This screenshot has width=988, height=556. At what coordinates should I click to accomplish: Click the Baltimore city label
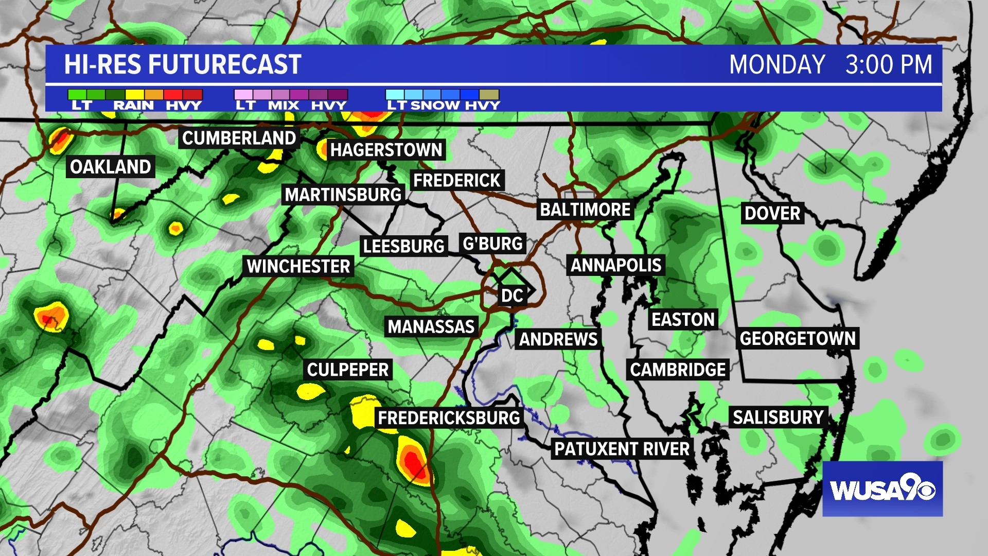pyautogui.click(x=585, y=210)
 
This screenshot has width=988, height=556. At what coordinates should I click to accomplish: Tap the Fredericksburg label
pyautogui.click(x=449, y=418)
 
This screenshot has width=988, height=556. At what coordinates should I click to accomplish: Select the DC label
pyautogui.click(x=512, y=296)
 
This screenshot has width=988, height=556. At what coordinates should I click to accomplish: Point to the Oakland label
pyautogui.click(x=110, y=167)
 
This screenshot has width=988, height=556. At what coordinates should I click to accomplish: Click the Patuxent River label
pyautogui.click(x=622, y=449)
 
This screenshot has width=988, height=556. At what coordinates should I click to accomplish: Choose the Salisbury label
pyautogui.click(x=778, y=417)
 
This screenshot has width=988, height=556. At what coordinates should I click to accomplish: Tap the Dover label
pyautogui.click(x=772, y=213)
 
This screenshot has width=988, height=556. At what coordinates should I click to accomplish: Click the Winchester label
pyautogui.click(x=298, y=266)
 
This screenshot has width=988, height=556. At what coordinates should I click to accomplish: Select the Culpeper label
pyautogui.click(x=348, y=370)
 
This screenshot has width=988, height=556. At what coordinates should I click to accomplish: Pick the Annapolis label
pyautogui.click(x=616, y=265)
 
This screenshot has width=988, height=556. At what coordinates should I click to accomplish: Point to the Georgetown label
pyautogui.click(x=798, y=338)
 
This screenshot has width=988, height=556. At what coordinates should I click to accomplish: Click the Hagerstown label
pyautogui.click(x=386, y=150)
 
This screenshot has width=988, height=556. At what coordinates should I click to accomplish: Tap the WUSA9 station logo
pyautogui.click(x=883, y=489)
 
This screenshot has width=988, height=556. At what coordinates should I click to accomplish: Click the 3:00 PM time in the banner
pyautogui.click(x=889, y=65)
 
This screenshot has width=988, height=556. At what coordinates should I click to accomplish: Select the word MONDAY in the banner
pyautogui.click(x=777, y=65)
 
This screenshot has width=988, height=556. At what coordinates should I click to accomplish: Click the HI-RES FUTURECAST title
pyautogui.click(x=183, y=65)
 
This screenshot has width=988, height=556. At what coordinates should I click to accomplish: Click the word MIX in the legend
pyautogui.click(x=284, y=106)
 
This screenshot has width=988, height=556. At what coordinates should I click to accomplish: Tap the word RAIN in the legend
pyautogui.click(x=133, y=106)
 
